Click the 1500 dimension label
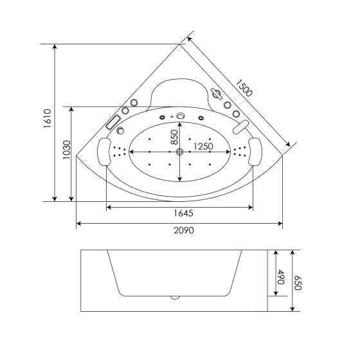(244, 86)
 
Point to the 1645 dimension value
(180, 213)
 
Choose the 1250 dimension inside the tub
(203, 147)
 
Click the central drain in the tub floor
(180, 152)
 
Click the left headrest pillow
(103, 152)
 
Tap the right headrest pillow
(255, 151)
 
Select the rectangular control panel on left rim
(114, 122)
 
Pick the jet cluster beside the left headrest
(118, 152)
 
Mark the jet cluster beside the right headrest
(240, 152)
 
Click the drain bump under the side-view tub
(175, 298)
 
